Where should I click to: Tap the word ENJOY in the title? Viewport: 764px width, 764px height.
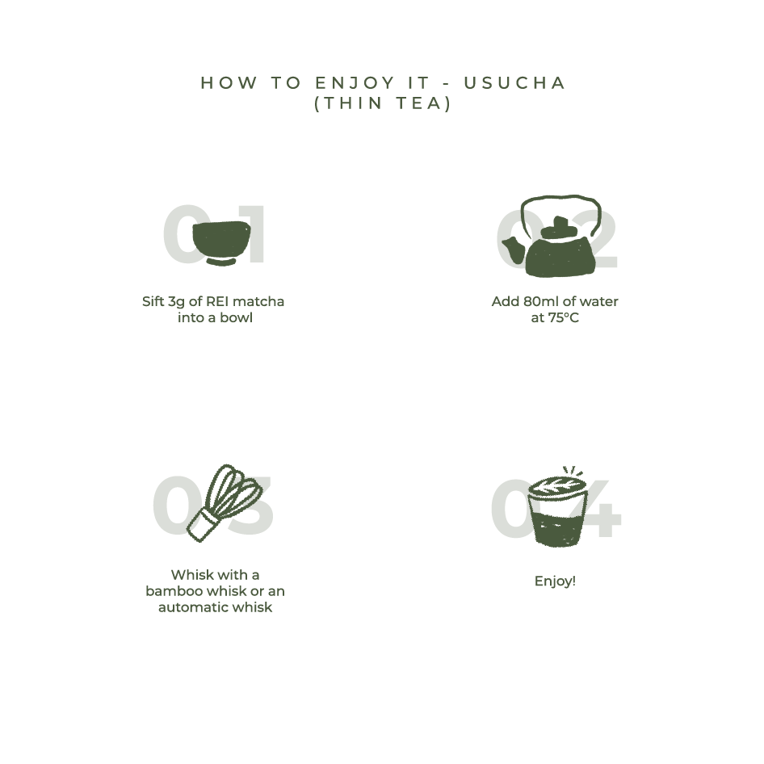(355, 83)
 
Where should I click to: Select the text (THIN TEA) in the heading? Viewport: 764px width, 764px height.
(383, 103)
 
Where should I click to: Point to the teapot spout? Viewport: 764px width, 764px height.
(513, 249)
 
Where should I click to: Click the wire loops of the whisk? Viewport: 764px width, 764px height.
(235, 489)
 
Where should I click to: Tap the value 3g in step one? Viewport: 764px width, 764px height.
(177, 302)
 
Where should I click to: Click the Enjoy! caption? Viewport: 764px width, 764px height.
(555, 581)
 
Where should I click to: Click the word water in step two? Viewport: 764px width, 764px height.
(599, 301)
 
